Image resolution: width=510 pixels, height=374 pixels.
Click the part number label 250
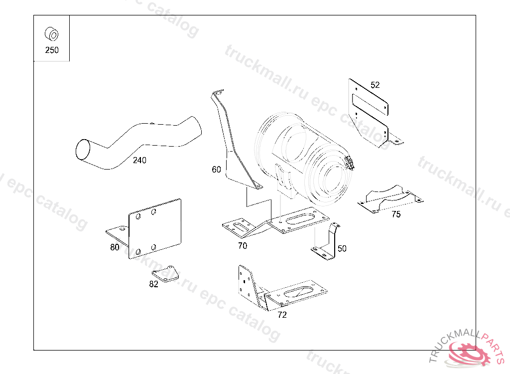click(52, 50)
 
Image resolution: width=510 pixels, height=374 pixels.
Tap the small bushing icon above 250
click(51, 34)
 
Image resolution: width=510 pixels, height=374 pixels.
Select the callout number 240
click(139, 160)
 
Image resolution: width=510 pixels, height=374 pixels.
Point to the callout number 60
click(216, 170)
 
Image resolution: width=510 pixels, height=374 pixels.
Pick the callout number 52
click(375, 85)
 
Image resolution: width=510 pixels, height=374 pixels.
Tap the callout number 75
click(396, 214)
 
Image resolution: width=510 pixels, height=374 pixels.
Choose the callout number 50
click(342, 248)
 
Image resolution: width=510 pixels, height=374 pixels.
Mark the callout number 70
click(243, 245)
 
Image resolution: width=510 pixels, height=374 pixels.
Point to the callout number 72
click(282, 315)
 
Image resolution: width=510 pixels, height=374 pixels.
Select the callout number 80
click(115, 247)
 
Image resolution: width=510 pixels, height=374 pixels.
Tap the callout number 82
click(153, 284)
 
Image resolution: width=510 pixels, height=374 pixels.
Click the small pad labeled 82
click(166, 273)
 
